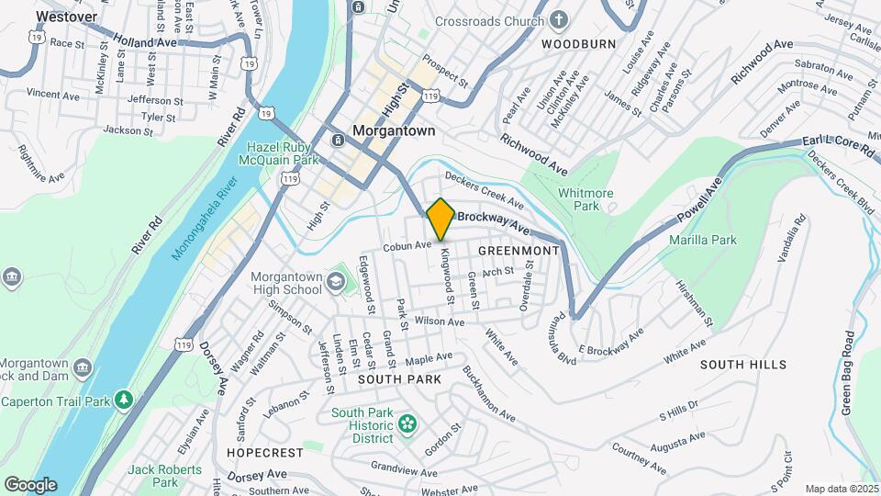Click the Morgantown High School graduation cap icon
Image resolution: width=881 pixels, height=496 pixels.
(x=337, y=279)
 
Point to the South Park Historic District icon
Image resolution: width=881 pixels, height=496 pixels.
(x=407, y=424)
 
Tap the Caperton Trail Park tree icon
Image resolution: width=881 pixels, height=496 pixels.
(x=124, y=400)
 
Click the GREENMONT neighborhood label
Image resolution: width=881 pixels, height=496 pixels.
(x=519, y=250)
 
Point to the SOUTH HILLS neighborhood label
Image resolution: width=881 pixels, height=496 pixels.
(x=743, y=365)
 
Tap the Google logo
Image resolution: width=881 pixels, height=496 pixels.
(x=30, y=485)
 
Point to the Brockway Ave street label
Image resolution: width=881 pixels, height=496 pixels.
(x=494, y=221)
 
